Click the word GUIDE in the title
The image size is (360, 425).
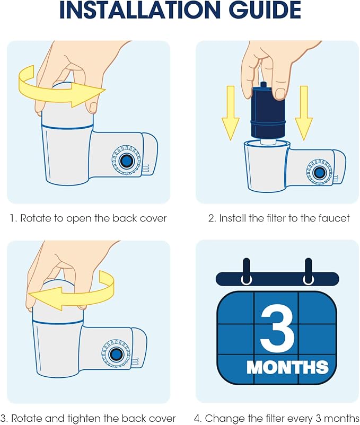click(258, 10)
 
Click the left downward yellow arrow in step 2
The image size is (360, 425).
click(231, 111)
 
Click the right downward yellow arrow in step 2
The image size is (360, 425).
click(304, 111)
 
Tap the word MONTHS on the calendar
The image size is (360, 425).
click(287, 367)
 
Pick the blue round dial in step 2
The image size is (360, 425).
click(319, 172)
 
